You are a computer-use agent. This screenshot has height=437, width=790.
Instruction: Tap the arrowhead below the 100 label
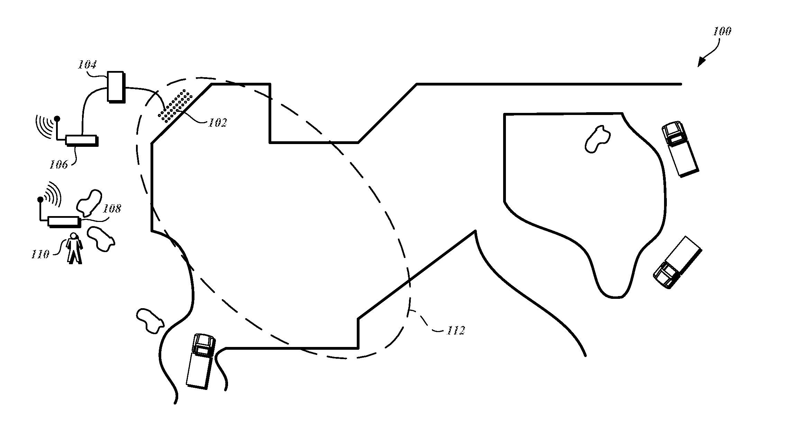tap(701, 62)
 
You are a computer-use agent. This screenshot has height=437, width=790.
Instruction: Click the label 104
tap(87, 64)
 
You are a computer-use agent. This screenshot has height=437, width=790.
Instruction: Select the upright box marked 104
tap(115, 87)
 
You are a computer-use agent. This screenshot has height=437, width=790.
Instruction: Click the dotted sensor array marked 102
tap(175, 106)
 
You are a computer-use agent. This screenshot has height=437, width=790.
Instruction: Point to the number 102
tap(217, 123)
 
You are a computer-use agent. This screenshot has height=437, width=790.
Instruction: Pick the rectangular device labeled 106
tap(81, 140)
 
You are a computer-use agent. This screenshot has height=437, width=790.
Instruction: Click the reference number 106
tap(58, 164)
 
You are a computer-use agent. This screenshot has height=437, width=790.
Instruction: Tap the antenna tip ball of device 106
tap(57, 119)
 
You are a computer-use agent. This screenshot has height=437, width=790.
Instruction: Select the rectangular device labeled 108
tap(64, 221)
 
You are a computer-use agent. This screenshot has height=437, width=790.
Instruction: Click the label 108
tap(112, 208)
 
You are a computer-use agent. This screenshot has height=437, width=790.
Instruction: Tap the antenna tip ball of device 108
tap(40, 199)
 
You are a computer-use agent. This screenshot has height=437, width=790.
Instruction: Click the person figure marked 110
tap(74, 248)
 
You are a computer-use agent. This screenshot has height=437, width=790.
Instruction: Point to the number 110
tap(40, 255)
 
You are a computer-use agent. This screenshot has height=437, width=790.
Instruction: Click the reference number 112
tap(456, 330)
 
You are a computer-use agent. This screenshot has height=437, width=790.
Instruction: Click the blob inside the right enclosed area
tap(597, 139)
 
